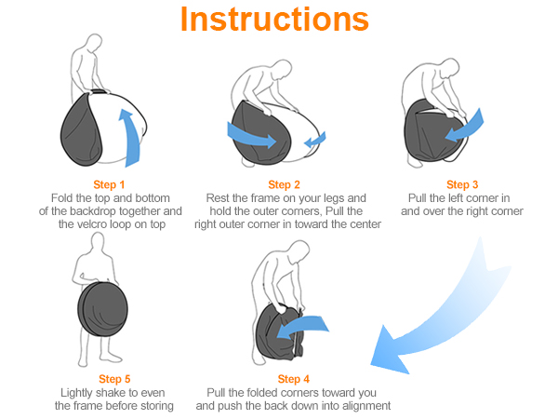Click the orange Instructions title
274,19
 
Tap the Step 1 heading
109,184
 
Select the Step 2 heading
284,184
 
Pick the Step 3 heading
462,184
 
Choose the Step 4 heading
293,379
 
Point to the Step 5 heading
114,379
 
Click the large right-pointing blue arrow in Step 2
251,135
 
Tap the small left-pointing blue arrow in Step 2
315,140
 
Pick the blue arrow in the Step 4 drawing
302,327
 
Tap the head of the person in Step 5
98,242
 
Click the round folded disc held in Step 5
103,309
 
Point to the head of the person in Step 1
95,43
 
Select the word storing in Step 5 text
157,406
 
